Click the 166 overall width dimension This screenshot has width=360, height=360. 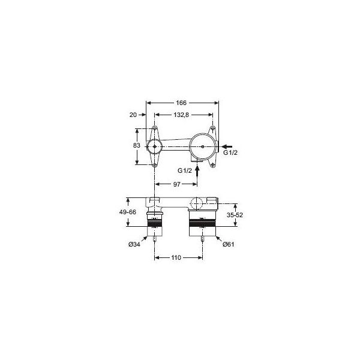pos(181,103)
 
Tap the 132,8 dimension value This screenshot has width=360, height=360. pos(181,115)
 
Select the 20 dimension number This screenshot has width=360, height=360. pos(133,115)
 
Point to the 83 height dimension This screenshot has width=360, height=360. pos(137,145)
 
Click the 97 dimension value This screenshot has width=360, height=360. pos(177,184)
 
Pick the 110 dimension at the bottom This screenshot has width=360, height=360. pos(176,257)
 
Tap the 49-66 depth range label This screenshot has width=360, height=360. pos(128,212)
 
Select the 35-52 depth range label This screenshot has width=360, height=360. pos(235,215)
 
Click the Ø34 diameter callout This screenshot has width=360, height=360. pos(134,245)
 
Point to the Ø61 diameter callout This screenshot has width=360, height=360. pos(229,244)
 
